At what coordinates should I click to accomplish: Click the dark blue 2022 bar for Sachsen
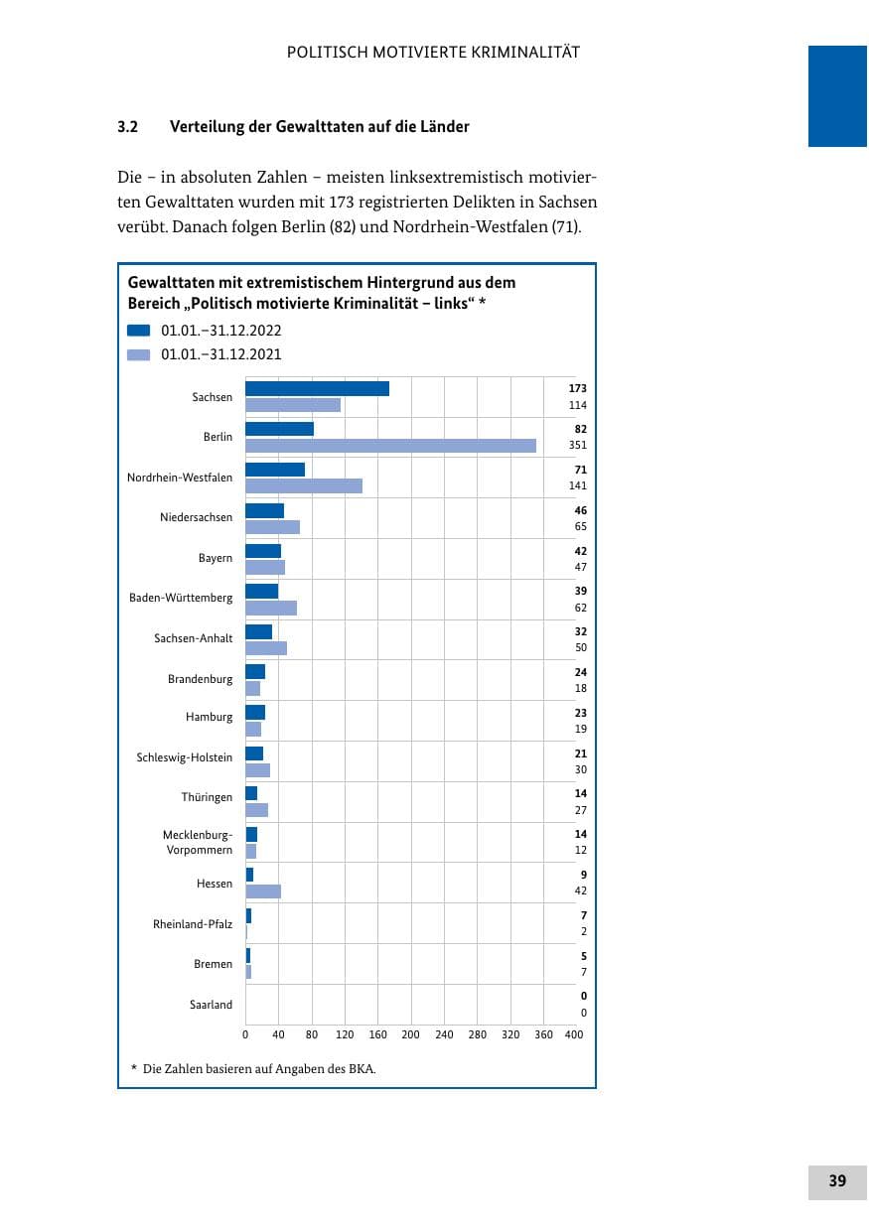pos(317,389)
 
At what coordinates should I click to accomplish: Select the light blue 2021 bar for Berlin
pos(390,446)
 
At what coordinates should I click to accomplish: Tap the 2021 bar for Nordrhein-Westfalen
pos(304,486)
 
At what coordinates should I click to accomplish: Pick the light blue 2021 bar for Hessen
pos(263,891)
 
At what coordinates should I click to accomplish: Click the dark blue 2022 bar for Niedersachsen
pos(265,511)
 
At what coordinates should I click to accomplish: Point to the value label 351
pos(577,445)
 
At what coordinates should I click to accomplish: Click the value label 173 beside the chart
pos(577,388)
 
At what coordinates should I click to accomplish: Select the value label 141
pos(577,485)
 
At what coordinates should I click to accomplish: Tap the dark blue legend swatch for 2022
pos(139,331)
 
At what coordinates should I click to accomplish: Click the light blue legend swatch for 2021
pos(139,354)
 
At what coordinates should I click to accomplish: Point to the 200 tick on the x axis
pos(410,1034)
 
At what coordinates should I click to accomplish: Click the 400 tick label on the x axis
pos(573,1034)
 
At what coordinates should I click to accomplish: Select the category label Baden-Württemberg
pos(181,598)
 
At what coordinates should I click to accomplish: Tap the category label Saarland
pos(211,1005)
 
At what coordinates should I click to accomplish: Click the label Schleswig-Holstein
pos(185,757)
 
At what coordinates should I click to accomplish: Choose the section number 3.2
pos(127,127)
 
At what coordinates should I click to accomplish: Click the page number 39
pos(837,1180)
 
